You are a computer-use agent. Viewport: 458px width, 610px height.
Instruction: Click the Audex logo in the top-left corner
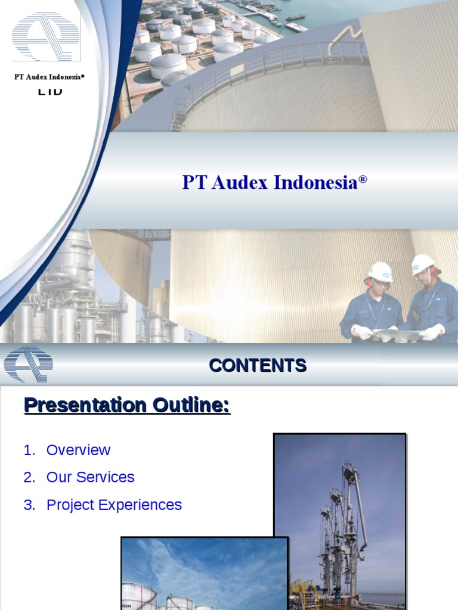(x=45, y=36)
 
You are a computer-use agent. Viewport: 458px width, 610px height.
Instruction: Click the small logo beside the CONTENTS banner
(x=28, y=364)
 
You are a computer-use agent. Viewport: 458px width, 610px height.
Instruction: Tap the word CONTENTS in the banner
(x=258, y=365)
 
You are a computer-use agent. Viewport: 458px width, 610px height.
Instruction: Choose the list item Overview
(x=78, y=450)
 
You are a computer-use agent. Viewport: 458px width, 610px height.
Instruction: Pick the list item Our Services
(x=90, y=477)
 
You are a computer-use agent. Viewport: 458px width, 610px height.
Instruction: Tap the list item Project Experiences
(x=114, y=505)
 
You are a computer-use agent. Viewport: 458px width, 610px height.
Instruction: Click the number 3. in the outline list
(x=30, y=505)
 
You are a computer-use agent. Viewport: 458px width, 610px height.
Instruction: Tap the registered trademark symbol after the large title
(x=363, y=179)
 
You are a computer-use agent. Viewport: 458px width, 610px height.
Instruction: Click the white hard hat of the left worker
(x=380, y=272)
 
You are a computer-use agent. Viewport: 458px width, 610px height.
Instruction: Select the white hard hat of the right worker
(x=423, y=263)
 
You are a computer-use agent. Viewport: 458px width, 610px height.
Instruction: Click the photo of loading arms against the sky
(x=339, y=518)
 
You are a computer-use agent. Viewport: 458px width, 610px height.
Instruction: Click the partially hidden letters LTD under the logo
(x=50, y=92)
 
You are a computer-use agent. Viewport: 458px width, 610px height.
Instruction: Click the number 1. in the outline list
(x=30, y=450)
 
